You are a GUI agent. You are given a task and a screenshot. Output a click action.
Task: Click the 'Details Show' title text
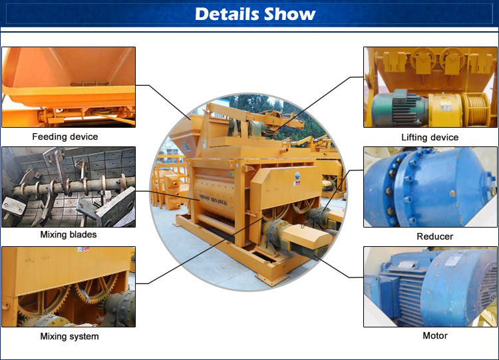click(255, 14)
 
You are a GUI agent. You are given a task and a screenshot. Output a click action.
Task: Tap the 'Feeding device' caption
click(65, 137)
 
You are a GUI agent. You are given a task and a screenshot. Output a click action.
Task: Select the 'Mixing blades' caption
click(69, 235)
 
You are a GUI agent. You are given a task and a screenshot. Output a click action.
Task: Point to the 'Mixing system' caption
click(69, 337)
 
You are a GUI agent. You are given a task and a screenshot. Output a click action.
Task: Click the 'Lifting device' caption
click(430, 138)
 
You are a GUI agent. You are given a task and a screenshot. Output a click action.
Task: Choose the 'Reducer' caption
click(435, 236)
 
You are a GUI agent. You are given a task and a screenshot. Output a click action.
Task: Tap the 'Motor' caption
click(435, 335)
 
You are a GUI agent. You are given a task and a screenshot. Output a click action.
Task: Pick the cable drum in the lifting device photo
click(477, 109)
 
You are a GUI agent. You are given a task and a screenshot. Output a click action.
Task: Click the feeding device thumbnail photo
click(69, 87)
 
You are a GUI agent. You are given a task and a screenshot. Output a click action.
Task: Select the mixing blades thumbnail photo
click(69, 187)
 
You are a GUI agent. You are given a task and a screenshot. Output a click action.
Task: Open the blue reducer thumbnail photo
click(430, 187)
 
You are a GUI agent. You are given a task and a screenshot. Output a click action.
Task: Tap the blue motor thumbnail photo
click(430, 287)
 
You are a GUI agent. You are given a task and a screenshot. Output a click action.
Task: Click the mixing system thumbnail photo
click(69, 287)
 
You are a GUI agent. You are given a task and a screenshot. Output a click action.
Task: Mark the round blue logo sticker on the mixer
click(297, 176)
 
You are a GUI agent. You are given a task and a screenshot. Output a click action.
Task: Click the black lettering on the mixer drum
click(214, 200)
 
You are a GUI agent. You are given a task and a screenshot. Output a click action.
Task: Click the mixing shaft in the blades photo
click(70, 186)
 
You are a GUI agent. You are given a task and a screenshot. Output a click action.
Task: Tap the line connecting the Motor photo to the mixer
click(338, 266)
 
